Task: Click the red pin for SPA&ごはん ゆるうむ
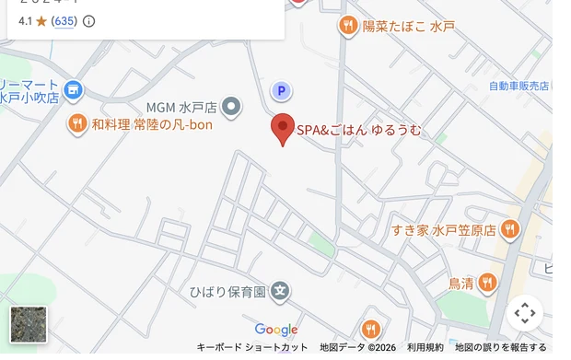[283, 128]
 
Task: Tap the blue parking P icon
[281, 90]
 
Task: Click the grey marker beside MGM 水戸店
[234, 107]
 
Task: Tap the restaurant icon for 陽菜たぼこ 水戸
[347, 26]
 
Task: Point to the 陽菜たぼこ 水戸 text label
[408, 27]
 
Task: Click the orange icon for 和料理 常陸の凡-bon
[76, 123]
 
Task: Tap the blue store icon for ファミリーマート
[74, 90]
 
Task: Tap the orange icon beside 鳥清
[488, 282]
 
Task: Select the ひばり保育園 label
[227, 292]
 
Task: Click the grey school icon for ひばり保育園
[281, 292]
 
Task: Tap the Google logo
[276, 330]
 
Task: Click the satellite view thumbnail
[28, 324]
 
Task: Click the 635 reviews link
[64, 20]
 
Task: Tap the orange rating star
[41, 20]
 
